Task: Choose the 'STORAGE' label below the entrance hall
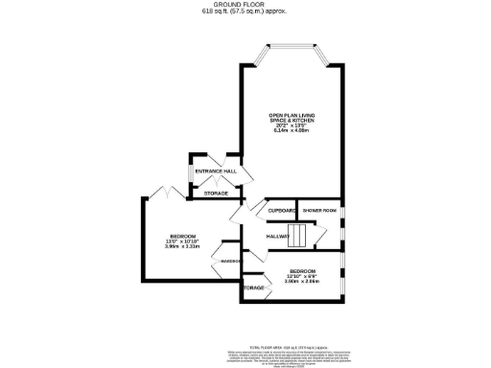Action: (x=216, y=194)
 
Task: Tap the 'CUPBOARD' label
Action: (x=282, y=210)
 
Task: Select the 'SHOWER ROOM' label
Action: (x=318, y=210)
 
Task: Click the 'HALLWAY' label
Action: (x=278, y=236)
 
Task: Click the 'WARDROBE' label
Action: (x=231, y=261)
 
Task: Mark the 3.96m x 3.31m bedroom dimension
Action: (x=182, y=247)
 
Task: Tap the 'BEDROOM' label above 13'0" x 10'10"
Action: (x=182, y=236)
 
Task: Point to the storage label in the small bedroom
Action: (x=253, y=287)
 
